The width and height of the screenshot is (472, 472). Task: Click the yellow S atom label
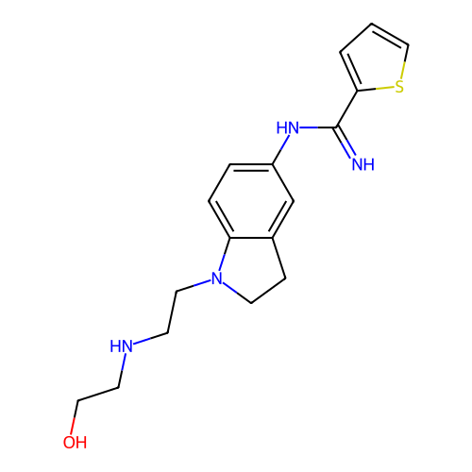click(x=399, y=87)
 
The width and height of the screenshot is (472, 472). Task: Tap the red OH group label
click(x=75, y=442)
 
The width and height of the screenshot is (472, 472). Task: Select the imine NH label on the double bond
click(x=363, y=164)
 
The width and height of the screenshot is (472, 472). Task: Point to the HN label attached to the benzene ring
click(x=287, y=127)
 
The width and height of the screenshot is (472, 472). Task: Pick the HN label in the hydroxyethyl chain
click(x=121, y=346)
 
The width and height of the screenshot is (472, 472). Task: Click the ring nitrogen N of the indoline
click(x=217, y=278)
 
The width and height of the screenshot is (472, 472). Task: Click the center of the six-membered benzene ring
click(x=251, y=201)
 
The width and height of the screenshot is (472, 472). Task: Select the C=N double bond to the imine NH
click(x=346, y=142)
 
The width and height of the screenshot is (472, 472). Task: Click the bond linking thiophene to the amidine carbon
click(x=346, y=110)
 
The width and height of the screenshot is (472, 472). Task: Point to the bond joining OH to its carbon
click(x=76, y=417)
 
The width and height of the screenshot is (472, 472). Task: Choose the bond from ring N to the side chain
click(x=194, y=285)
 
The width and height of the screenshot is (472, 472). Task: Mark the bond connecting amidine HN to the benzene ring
click(x=280, y=149)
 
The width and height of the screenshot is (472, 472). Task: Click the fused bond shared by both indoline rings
click(x=251, y=238)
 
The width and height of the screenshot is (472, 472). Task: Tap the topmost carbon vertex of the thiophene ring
click(x=372, y=24)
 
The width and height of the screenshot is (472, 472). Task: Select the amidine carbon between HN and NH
click(x=336, y=127)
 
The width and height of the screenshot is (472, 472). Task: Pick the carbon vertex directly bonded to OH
click(x=78, y=400)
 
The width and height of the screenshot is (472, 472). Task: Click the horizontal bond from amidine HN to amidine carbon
click(x=318, y=127)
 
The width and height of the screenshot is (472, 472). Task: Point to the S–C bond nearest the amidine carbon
click(x=376, y=89)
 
